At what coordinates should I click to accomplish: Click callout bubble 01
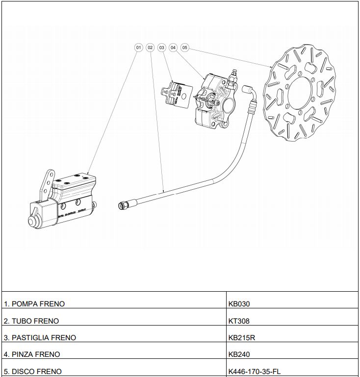click(138, 48)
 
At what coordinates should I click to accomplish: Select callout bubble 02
click(150, 48)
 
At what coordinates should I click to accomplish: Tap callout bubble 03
click(161, 48)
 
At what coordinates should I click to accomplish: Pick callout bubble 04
click(173, 48)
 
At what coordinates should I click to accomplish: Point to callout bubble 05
click(184, 48)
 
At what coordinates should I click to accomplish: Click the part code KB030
click(239, 304)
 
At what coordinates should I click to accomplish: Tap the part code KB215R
click(242, 338)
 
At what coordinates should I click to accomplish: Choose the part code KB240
click(239, 354)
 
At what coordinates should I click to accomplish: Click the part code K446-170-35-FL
click(255, 372)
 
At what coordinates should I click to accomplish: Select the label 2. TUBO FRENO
click(31, 321)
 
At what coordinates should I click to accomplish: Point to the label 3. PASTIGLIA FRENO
click(40, 338)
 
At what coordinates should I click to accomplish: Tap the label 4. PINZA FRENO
click(32, 354)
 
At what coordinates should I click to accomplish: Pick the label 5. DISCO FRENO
click(33, 372)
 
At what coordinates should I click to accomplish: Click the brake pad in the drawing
click(175, 93)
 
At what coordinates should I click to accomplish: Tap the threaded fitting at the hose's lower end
click(123, 205)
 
